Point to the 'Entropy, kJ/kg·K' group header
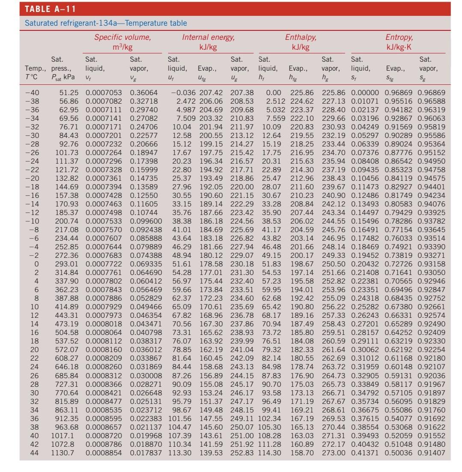pos(397,42)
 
